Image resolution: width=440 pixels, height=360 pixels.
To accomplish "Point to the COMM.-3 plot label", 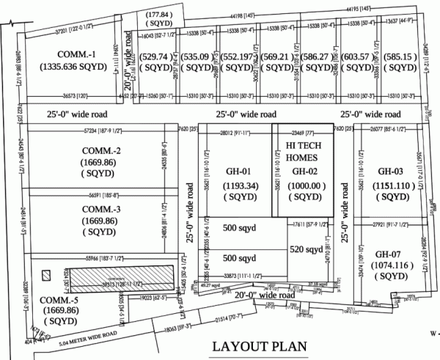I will click(x=102, y=209).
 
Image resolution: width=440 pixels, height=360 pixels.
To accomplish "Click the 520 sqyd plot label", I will click(x=307, y=249).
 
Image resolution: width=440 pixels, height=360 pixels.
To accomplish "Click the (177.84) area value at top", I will click(x=160, y=14).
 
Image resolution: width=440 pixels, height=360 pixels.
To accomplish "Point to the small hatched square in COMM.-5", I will click(x=47, y=276).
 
